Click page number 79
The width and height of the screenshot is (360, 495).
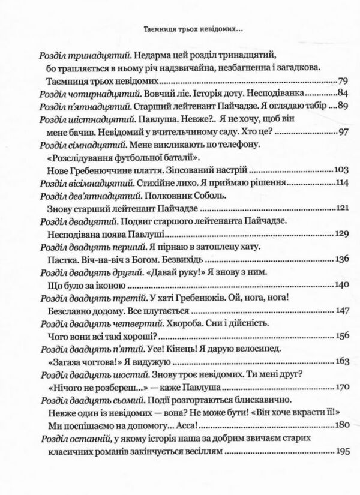click(x=341, y=79)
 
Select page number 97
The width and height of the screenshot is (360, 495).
click(x=341, y=132)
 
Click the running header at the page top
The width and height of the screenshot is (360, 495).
click(x=179, y=28)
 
